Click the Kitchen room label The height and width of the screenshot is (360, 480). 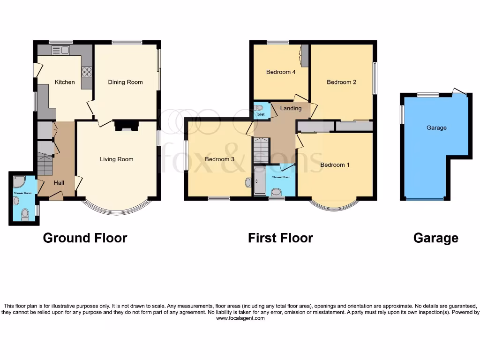pyautogui.click(x=65, y=82)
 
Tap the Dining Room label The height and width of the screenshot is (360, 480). pyautogui.click(x=125, y=82)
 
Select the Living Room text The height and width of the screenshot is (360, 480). pyautogui.click(x=116, y=159)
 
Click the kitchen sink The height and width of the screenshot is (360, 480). pyautogui.click(x=60, y=50)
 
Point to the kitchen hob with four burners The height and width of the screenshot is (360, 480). pyautogui.click(x=87, y=72)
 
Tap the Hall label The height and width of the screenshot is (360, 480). pyautogui.click(x=59, y=183)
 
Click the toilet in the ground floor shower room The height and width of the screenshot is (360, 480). pyautogui.click(x=25, y=214)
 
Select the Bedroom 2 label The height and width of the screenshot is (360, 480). pyautogui.click(x=341, y=82)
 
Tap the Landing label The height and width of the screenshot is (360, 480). pyautogui.click(x=291, y=108)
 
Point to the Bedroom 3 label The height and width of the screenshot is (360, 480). pyautogui.click(x=219, y=159)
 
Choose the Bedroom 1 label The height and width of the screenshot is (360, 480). pyautogui.click(x=335, y=165)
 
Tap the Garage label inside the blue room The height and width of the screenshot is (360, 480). pyautogui.click(x=436, y=127)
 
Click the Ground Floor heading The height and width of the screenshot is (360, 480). pyautogui.click(x=85, y=238)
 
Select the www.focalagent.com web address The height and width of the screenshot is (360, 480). pyautogui.click(x=240, y=318)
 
